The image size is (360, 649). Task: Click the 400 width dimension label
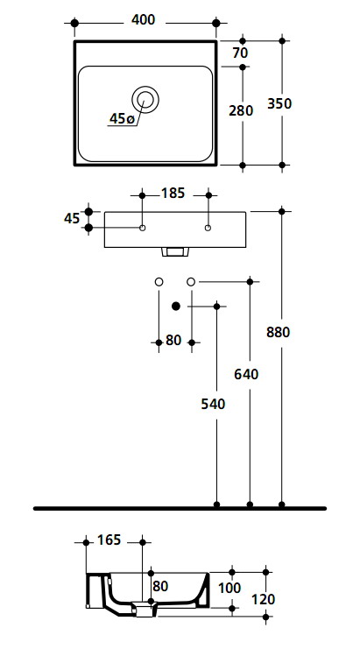pos(143,20)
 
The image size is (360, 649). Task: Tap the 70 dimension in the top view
pos(240,53)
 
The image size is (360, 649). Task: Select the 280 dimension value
pos(241,111)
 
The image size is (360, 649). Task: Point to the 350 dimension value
pos(279,103)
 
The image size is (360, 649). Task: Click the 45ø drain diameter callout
pos(122,119)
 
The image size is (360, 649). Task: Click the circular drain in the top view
pos(145,99)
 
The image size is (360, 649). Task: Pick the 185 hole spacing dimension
pos(173,193)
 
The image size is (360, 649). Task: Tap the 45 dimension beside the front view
pos(72,219)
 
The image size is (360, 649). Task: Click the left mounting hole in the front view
pos(143,228)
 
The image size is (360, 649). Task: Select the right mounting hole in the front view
pos(208,228)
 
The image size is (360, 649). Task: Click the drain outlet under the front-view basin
pos(175,251)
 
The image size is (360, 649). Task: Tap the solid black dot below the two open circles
pos(176,307)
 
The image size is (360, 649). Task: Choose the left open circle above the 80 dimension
pos(159,282)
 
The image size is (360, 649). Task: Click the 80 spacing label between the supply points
pos(173,340)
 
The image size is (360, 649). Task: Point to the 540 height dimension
pos(213,404)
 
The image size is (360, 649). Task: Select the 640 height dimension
pos(246,374)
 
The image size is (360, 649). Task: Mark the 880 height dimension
pos(278,332)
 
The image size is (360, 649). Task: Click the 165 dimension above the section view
pos(109,540)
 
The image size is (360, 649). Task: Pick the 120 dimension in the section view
pos(263,599)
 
